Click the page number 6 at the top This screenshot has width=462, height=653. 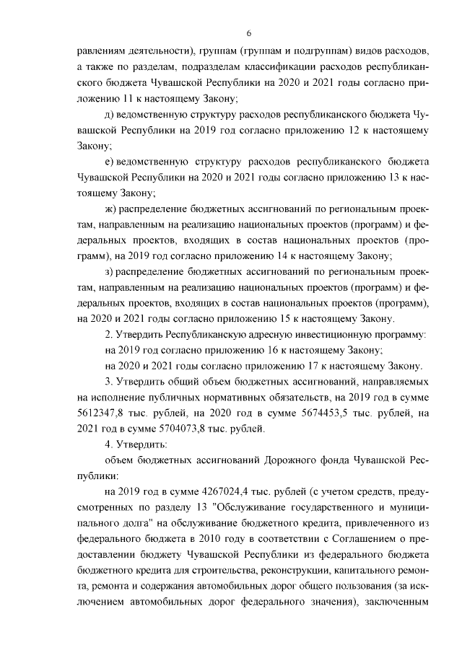click(248, 34)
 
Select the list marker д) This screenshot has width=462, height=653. click(110, 115)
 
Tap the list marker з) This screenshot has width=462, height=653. click(110, 271)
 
